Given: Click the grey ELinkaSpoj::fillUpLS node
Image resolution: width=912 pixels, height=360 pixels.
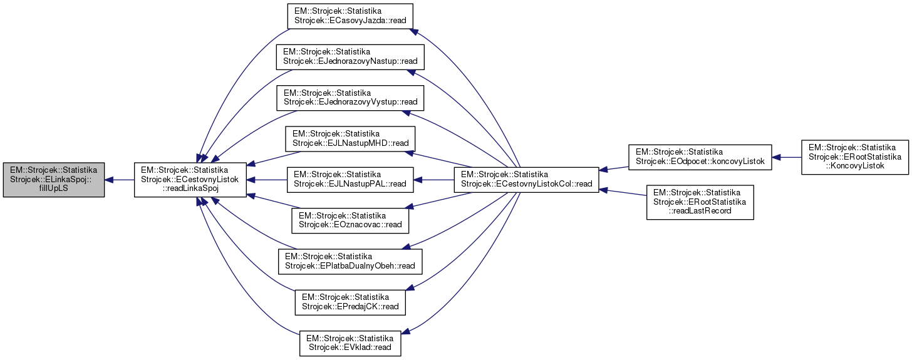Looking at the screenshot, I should pos(53,180).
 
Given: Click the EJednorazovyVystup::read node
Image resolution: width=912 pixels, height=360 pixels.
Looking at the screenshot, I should pos(351,98).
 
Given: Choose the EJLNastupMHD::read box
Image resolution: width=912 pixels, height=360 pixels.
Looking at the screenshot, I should pos(351,138).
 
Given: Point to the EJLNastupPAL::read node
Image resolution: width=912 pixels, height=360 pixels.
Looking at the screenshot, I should pos(351,180).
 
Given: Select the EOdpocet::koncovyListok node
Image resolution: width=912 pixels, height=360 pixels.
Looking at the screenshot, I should pos(700,157).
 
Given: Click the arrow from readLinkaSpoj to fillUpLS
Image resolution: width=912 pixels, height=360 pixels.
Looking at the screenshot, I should pos(119,180).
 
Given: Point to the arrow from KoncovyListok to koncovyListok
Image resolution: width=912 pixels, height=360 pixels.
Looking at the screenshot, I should pos(787,157).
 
